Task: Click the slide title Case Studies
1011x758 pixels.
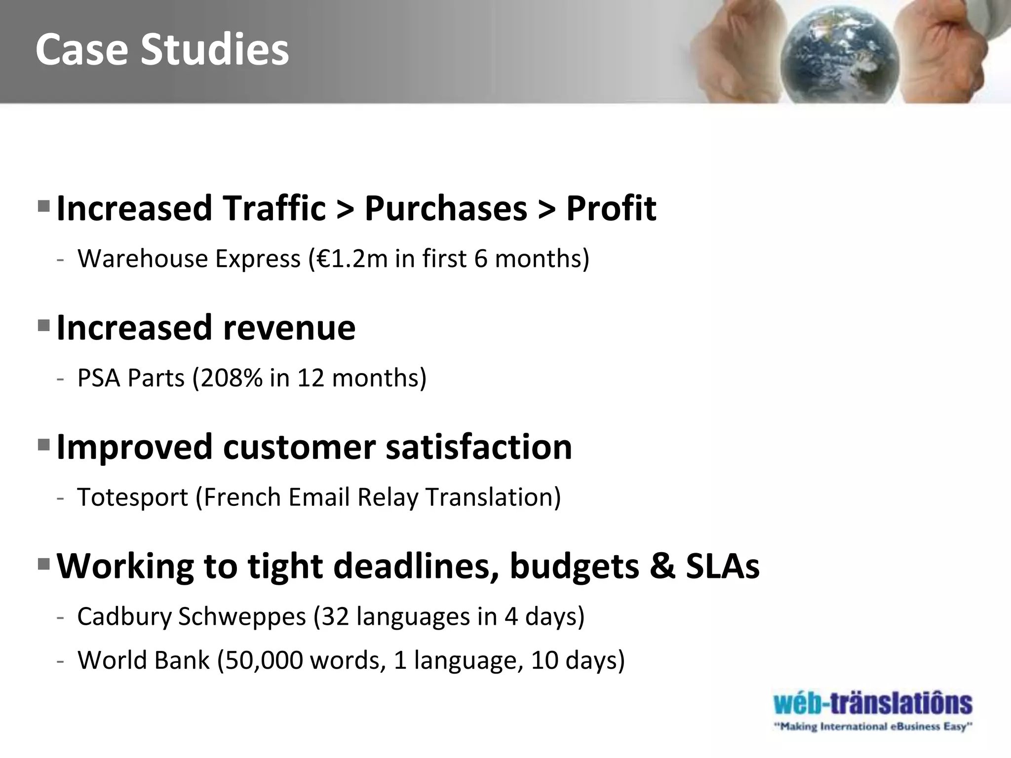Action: point(162,50)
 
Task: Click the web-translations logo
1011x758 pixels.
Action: point(872,704)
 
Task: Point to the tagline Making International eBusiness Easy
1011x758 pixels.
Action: point(872,727)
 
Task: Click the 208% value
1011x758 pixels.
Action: point(232,378)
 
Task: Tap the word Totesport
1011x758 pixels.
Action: point(132,497)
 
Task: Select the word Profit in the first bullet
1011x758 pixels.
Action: point(611,208)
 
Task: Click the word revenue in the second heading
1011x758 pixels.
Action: point(289,328)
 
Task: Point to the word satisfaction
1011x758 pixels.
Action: point(478,447)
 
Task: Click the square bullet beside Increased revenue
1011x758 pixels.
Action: point(44,325)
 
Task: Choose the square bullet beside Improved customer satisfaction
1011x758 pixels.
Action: point(44,445)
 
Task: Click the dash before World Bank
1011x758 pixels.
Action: point(60,661)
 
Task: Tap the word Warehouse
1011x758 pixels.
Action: point(143,259)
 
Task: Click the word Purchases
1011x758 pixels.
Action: point(446,208)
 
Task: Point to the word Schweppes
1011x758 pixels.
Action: point(242,617)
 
